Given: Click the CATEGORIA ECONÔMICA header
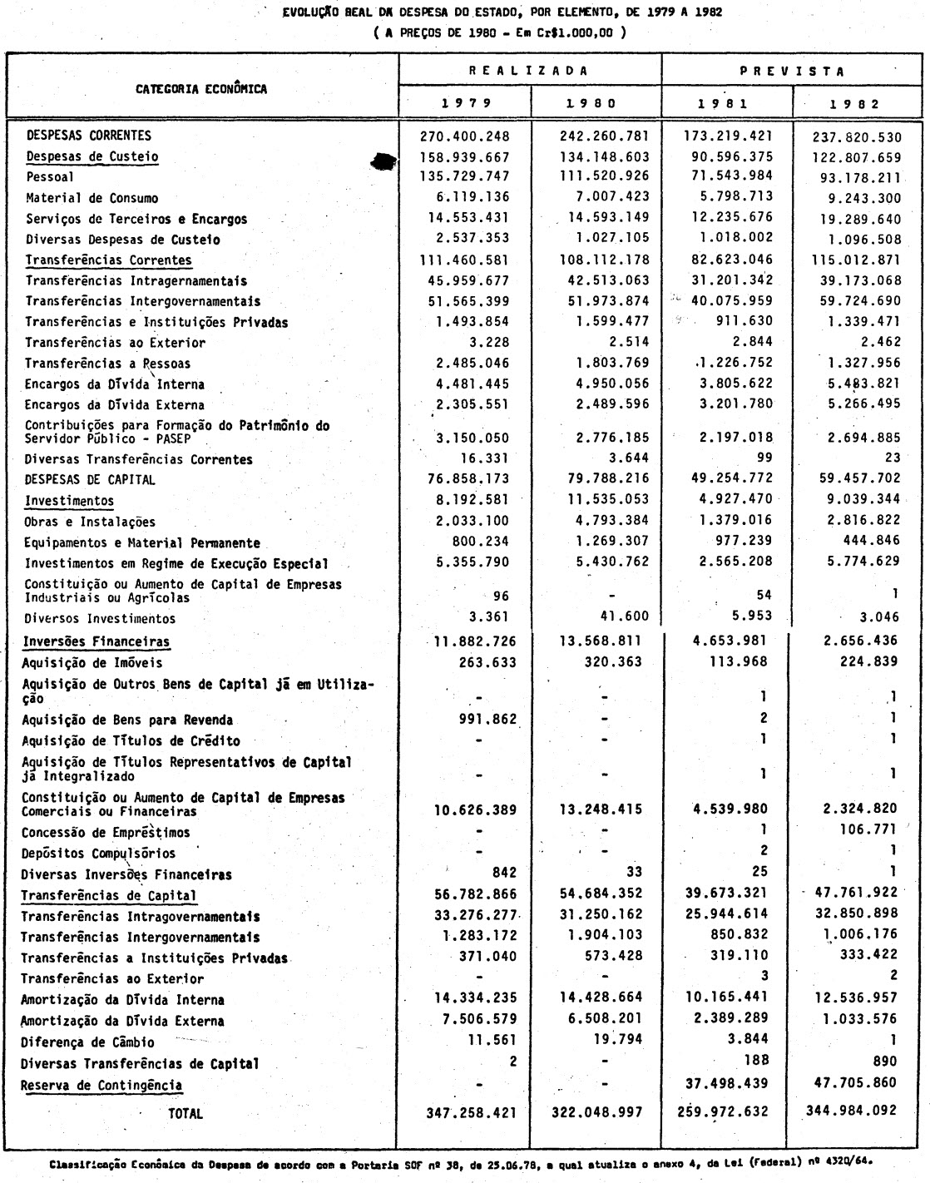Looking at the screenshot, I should point(201,89).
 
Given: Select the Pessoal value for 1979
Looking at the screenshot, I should point(463,176).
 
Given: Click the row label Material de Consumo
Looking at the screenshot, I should point(92,198).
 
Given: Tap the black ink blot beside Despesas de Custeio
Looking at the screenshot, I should point(383,164).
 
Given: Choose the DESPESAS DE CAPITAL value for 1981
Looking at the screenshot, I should point(728,479).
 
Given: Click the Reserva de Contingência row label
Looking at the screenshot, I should point(101,1086).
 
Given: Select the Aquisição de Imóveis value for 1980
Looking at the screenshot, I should point(612,662).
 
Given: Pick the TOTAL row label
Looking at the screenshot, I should point(186,1113).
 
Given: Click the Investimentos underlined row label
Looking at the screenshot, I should point(69,501).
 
